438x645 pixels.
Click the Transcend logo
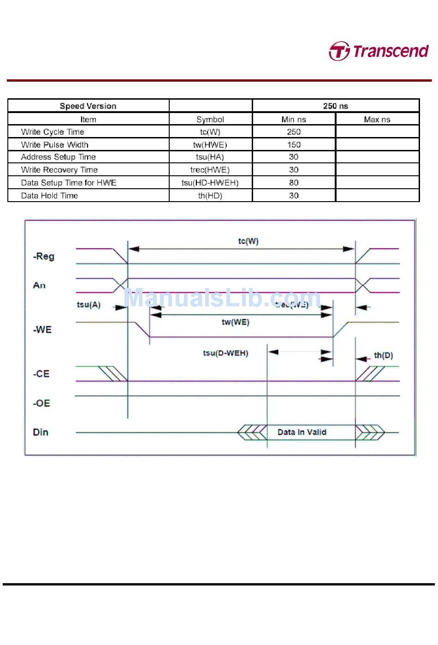click(x=379, y=51)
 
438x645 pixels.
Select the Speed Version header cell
click(x=88, y=106)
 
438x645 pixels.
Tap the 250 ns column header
click(x=335, y=106)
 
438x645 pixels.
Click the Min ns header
click(x=294, y=119)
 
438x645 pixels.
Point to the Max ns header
click(x=377, y=119)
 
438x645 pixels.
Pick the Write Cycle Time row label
click(x=53, y=132)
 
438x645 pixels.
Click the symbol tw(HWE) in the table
click(x=210, y=145)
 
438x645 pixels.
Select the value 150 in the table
click(x=294, y=145)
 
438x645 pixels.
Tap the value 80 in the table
click(x=294, y=183)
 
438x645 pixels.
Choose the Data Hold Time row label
click(x=49, y=196)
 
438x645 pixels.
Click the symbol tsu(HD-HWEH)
click(x=210, y=183)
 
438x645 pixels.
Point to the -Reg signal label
click(x=44, y=257)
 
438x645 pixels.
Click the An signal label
click(x=39, y=286)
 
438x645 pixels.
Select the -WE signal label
click(x=42, y=330)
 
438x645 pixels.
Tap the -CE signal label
click(x=41, y=374)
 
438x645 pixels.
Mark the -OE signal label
click(x=41, y=403)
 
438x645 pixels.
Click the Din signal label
click(x=41, y=432)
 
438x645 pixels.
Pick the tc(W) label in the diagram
click(x=248, y=241)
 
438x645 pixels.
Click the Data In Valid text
click(x=302, y=432)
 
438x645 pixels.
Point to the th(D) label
click(x=383, y=355)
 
